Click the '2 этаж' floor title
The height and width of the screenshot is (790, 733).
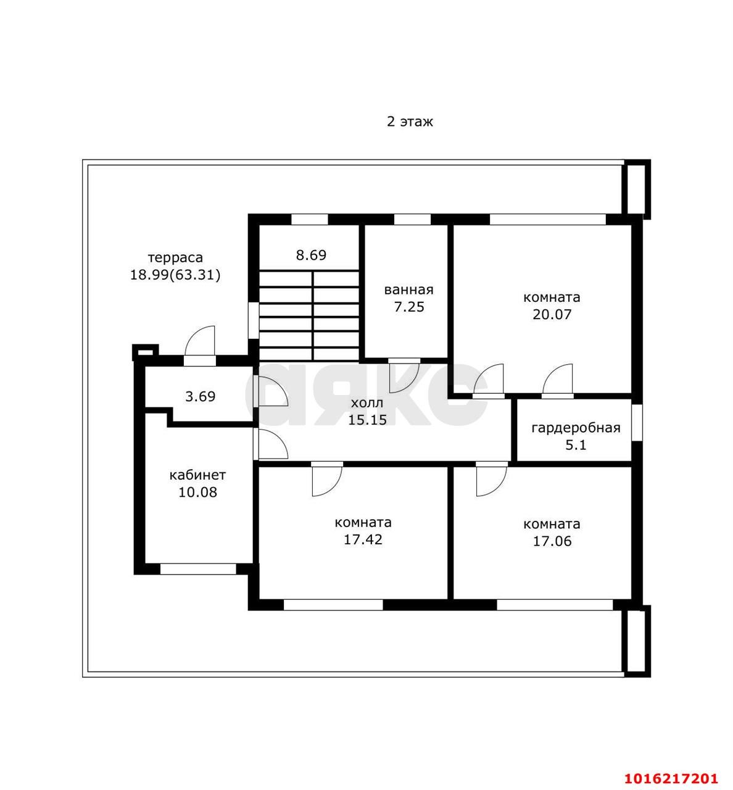[x=410, y=122]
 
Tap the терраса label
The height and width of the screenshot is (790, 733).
[x=175, y=258]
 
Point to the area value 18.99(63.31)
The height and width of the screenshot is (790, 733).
[x=175, y=275]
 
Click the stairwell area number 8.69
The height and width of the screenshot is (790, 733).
[x=311, y=255]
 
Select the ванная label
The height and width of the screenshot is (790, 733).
[x=409, y=289]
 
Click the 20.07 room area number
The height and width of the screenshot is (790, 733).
[x=552, y=315]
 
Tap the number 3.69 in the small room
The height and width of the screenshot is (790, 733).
[x=201, y=396]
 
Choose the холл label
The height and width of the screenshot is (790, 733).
[x=367, y=403]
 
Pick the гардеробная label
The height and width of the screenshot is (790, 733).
[x=576, y=428]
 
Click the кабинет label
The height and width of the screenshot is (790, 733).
[x=197, y=475]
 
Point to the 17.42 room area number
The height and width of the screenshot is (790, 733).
[x=363, y=539]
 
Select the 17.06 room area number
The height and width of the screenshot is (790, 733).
[x=552, y=541]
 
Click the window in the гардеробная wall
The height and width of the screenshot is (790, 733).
[x=637, y=422]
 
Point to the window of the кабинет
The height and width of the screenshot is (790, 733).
[x=198, y=569]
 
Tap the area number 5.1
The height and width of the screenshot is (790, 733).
[x=576, y=445]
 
